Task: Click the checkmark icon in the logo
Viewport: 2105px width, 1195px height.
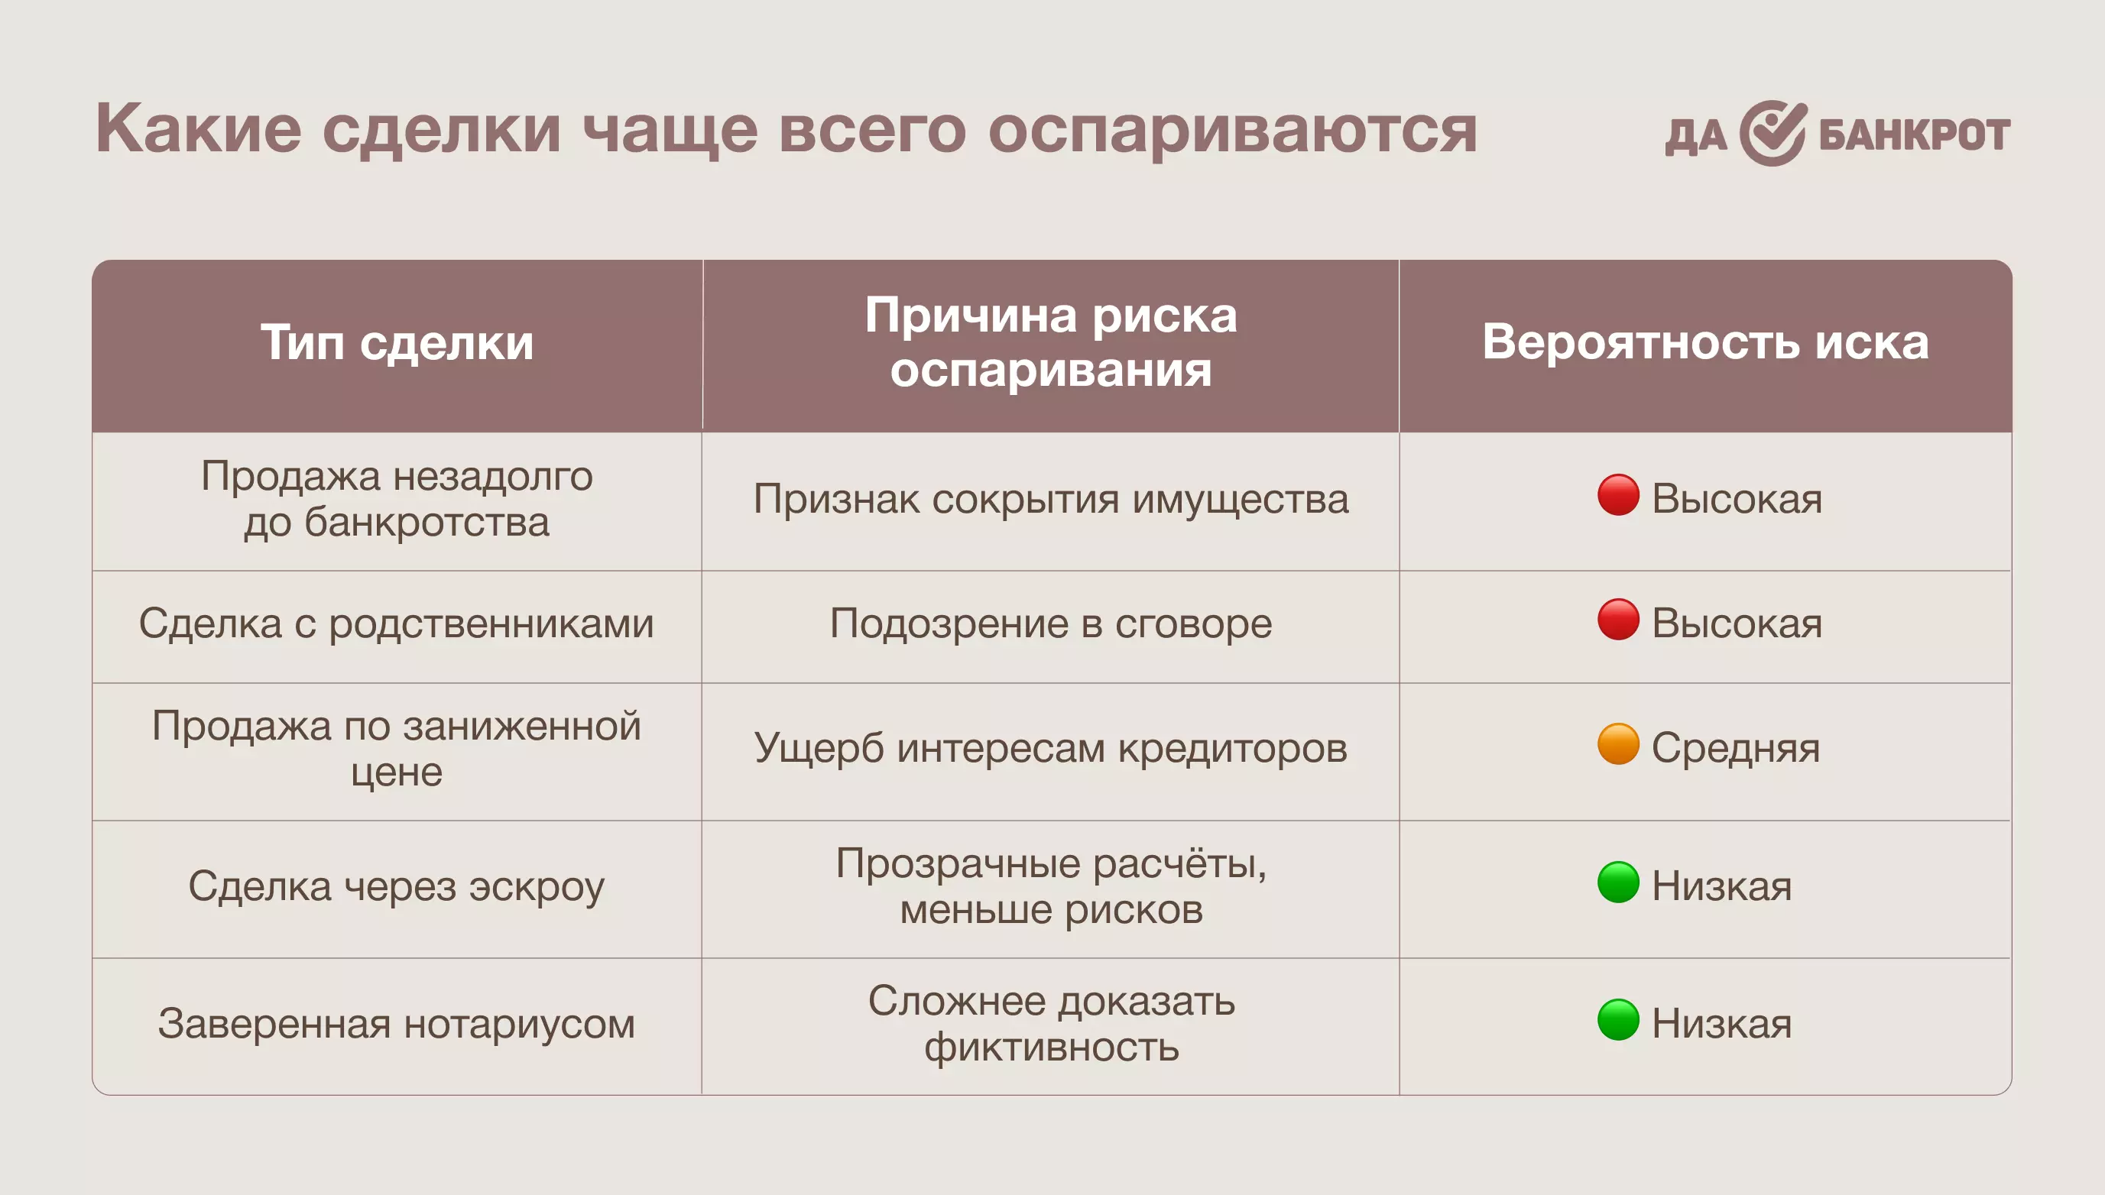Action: [x=1773, y=133]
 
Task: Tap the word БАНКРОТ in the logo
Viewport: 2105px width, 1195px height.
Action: [x=1915, y=135]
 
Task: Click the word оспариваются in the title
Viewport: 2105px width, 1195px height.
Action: [x=1232, y=130]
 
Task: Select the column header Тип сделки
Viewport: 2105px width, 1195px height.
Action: [x=397, y=342]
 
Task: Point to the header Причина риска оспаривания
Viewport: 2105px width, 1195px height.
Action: [x=1051, y=342]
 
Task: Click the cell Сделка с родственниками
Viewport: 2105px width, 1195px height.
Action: [x=397, y=623]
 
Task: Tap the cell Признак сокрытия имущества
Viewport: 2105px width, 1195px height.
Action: [x=1051, y=499]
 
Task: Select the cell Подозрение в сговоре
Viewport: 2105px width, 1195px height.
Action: [x=1051, y=623]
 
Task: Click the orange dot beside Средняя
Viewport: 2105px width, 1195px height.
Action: [x=1618, y=743]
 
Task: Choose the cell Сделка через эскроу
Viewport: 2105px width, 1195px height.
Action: [x=397, y=886]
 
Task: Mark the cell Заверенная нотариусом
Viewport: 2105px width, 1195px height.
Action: [x=397, y=1025]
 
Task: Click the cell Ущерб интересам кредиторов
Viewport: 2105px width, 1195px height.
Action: [x=1051, y=748]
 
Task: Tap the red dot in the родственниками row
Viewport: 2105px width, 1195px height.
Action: [x=1618, y=620]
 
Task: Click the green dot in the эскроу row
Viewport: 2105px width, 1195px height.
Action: [x=1618, y=882]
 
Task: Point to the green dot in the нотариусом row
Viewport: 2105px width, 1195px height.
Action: [x=1618, y=1020]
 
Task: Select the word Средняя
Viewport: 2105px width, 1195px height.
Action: [x=1736, y=749]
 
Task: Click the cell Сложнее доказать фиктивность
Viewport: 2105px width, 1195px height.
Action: [x=1051, y=1025]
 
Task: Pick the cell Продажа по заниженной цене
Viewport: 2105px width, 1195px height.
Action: [x=397, y=750]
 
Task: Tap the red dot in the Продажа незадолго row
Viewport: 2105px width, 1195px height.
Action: [x=1618, y=495]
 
